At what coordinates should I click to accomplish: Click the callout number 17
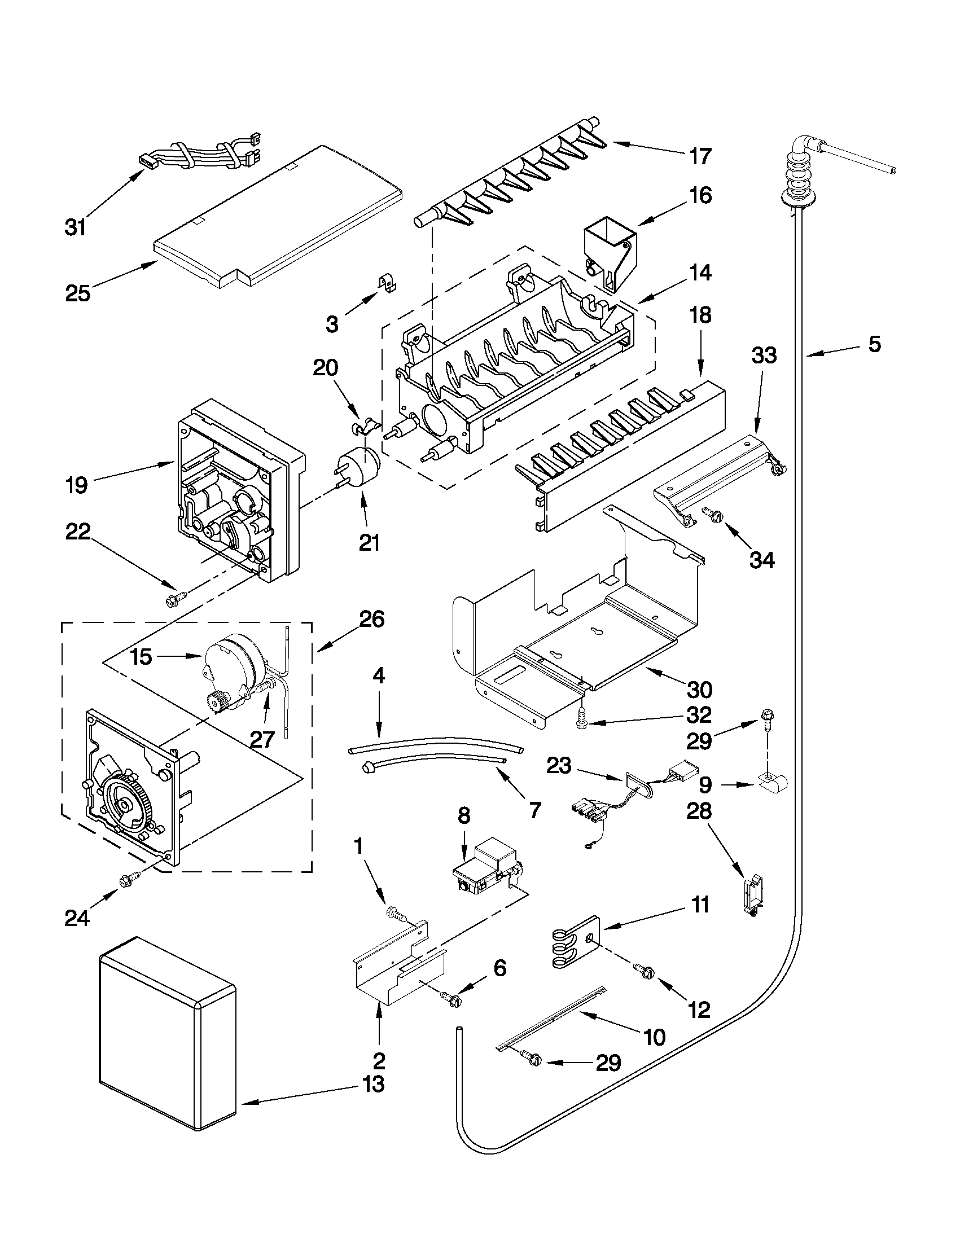coord(700,156)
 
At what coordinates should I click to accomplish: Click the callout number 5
coord(874,344)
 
